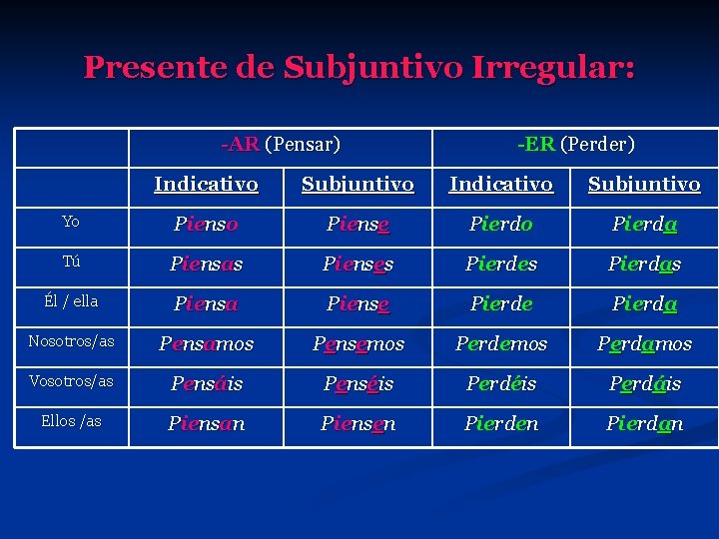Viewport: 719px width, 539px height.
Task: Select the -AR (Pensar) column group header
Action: coord(281,145)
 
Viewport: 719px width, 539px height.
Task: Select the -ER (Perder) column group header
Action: coord(575,145)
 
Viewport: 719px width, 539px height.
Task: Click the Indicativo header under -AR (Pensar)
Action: coord(206,184)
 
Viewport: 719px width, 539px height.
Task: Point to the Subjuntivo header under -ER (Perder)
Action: coord(644,184)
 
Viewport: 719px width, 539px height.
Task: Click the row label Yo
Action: coord(71,222)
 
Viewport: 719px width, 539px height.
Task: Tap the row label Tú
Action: coord(71,262)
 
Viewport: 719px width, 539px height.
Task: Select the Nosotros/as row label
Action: coord(71,341)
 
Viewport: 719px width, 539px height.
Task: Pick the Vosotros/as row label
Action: coord(71,381)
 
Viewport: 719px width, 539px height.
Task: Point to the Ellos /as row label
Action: coord(71,421)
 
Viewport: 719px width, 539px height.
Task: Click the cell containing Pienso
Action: coord(206,224)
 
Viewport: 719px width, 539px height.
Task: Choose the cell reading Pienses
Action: coord(358,264)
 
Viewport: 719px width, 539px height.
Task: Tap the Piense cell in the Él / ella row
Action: coord(358,303)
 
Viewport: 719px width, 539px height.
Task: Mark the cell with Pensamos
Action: coord(206,343)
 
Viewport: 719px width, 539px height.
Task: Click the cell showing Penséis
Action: coord(358,383)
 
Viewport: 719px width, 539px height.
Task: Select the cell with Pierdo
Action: coord(501,224)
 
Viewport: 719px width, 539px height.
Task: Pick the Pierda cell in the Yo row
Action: coord(644,224)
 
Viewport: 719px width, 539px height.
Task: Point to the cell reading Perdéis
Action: coord(501,383)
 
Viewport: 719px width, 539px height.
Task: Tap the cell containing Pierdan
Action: coord(644,423)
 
